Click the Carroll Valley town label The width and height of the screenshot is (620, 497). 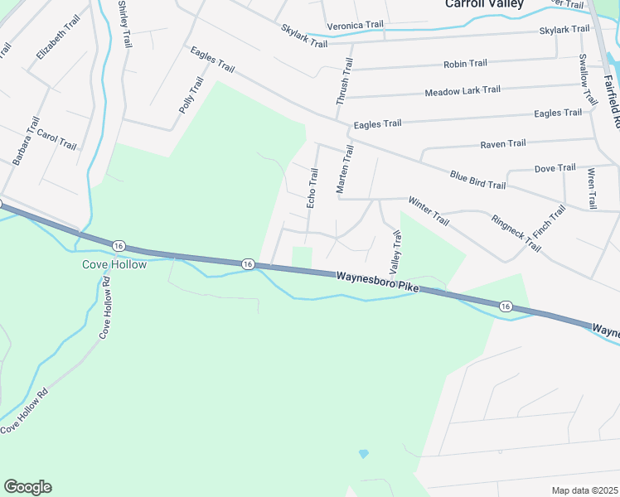(484, 4)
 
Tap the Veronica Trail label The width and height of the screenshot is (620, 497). (355, 26)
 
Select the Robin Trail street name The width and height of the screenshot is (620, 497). (465, 64)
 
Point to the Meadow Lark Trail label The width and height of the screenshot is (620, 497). (463, 90)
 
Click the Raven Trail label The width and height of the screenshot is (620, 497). (503, 144)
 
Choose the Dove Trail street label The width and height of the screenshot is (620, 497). (555, 168)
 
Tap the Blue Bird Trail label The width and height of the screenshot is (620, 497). (477, 179)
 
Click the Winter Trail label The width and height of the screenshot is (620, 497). (428, 211)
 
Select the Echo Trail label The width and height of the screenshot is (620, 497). (312, 188)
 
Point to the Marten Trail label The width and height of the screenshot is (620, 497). (345, 170)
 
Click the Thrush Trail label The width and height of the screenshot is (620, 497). (343, 81)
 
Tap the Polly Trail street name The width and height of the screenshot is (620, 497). (191, 95)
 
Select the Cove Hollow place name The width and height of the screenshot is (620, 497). (114, 265)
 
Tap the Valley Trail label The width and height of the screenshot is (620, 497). (395, 253)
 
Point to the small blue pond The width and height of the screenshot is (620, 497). (363, 454)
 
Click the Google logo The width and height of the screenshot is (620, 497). (27, 487)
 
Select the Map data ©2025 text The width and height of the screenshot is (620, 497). (584, 490)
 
